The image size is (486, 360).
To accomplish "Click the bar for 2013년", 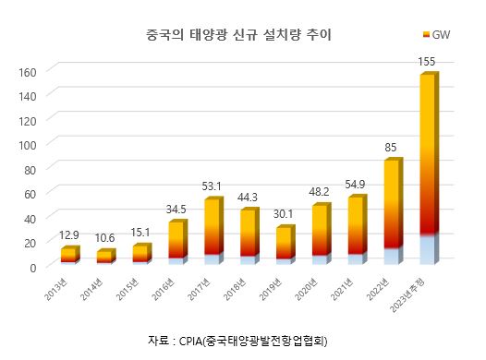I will coord(68,256).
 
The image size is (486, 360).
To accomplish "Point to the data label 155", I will coord(427,61).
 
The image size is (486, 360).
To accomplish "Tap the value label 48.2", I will coord(320,193).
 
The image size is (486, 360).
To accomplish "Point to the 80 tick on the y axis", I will coord(29,169).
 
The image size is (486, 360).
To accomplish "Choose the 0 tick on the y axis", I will coord(31,267).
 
